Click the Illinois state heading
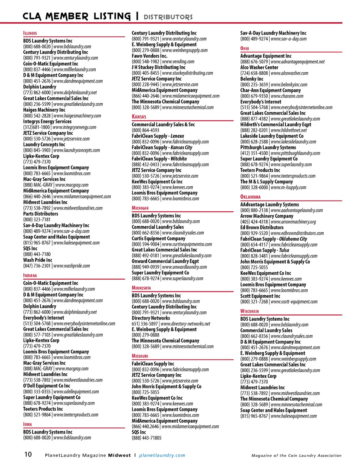(x=30, y=33)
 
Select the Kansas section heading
(x=139, y=117)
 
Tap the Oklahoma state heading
(x=250, y=197)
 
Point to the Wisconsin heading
(x=249, y=311)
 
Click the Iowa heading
(x=27, y=424)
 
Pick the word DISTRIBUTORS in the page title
(x=168, y=17)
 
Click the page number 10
(x=28, y=455)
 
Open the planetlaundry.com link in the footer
(x=162, y=455)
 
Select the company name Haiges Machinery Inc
(x=44, y=110)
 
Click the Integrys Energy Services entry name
(x=47, y=121)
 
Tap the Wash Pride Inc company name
(x=37, y=260)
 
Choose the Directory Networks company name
(x=151, y=318)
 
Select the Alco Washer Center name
(x=259, y=67)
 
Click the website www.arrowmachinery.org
(x=293, y=222)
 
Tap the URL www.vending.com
(x=178, y=61)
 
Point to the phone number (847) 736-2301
(x=37, y=266)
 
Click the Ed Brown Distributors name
(x=262, y=227)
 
